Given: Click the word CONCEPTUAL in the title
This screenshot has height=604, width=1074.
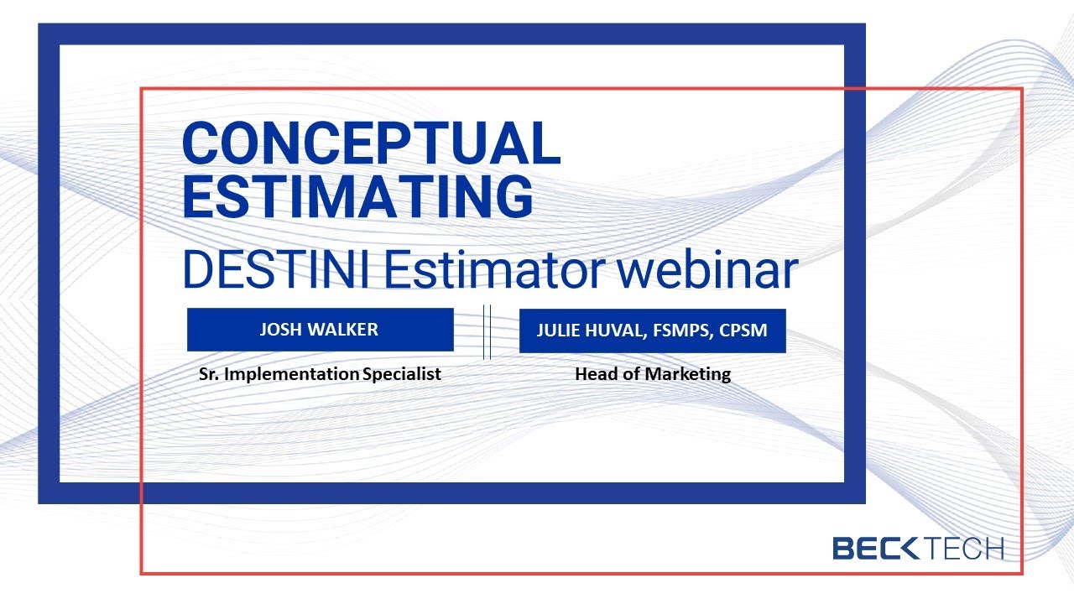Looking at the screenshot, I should coord(371,143).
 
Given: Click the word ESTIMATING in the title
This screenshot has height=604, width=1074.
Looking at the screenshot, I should coord(357,196).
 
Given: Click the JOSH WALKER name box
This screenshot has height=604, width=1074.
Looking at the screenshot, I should coord(320,330).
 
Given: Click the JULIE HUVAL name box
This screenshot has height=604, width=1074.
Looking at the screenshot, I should coord(652,331).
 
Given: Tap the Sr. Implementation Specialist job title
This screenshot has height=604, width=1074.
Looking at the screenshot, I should coord(320,374).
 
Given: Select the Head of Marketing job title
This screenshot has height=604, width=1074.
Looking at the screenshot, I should coord(652,374).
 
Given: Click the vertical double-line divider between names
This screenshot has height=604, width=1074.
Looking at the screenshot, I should coord(487,332).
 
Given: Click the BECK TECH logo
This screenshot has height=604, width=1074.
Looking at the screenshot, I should coord(918,549).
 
